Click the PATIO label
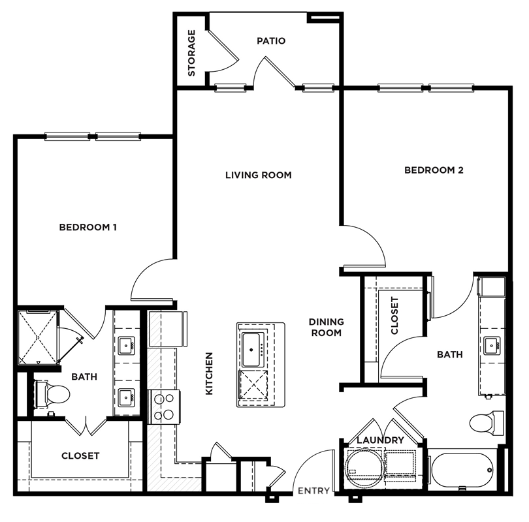click(271, 40)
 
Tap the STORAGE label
click(191, 53)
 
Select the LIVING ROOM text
click(259, 175)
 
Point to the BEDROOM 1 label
click(88, 227)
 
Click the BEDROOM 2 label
click(434, 170)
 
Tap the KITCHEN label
click(209, 373)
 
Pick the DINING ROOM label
click(327, 327)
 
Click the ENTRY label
click(313, 491)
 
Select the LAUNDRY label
click(380, 440)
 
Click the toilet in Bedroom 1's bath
click(52, 394)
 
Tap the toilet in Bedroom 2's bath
click(487, 423)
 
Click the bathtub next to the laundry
click(463, 470)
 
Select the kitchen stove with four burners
click(165, 407)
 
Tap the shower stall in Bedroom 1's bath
click(38, 337)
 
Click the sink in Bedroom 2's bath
click(492, 345)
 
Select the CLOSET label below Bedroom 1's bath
click(80, 455)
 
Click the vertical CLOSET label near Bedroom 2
click(394, 315)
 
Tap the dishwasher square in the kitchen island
click(253, 385)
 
